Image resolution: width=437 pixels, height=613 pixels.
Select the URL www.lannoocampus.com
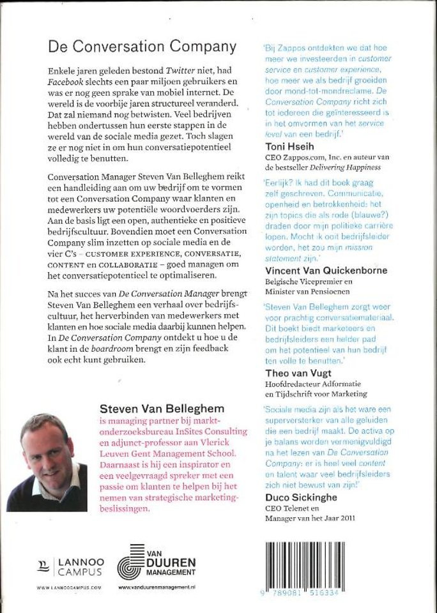pos(69,587)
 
